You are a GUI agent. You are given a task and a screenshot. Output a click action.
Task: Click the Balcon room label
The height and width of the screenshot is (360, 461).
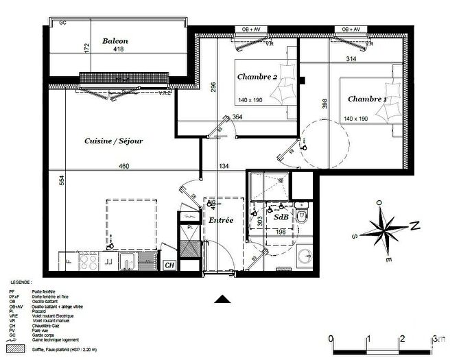pos(115,41)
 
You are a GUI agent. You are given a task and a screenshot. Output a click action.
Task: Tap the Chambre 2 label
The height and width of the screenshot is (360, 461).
pos(257,77)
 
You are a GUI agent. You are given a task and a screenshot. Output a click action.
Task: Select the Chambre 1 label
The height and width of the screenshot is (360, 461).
pos(367,99)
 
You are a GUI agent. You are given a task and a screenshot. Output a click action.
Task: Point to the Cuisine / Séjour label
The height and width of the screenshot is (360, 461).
pos(113,141)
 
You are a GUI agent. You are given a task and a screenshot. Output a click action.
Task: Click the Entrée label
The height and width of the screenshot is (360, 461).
pos(222,221)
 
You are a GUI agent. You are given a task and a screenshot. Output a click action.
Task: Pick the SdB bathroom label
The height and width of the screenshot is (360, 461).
pos(281,217)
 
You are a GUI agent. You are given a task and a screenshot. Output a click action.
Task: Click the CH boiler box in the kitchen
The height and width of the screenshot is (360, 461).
pos(169,264)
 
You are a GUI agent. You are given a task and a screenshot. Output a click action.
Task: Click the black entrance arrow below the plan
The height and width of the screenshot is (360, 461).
pos(221,299)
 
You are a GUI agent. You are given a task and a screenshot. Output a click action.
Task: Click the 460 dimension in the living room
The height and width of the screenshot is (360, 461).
pos(123,166)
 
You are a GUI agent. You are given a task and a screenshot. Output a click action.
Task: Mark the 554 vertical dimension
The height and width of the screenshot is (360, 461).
pos(61,180)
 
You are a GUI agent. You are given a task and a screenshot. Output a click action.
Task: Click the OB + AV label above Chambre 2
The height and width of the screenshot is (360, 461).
pos(251,29)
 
